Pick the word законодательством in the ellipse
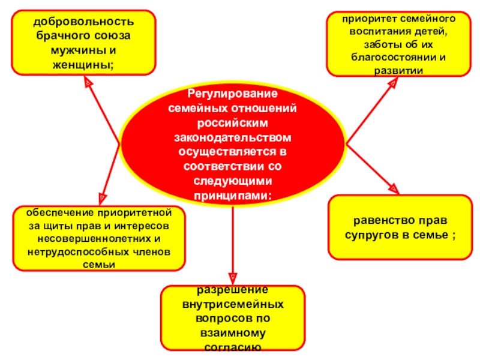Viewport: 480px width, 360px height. [232, 137]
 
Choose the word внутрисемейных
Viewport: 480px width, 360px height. [232, 305]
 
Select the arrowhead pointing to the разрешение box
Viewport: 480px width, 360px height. [232, 276]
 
